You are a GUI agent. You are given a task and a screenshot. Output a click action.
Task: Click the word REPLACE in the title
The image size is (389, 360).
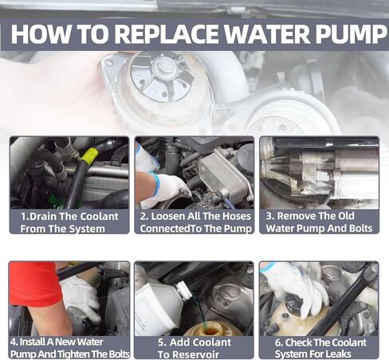pos(167,34)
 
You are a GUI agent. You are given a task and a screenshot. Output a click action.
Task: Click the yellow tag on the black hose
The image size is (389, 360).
pos(90,157)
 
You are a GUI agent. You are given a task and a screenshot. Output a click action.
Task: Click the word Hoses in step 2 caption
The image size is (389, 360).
pos(237,217)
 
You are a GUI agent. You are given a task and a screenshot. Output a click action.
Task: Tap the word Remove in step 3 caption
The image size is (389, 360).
pos(293,216)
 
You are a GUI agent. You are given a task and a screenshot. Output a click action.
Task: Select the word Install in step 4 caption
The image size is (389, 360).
pos(33,342)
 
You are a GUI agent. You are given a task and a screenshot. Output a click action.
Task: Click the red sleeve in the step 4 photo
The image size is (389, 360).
pos(34,283)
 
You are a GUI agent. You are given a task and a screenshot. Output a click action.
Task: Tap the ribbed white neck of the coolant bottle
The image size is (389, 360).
pos(183,290)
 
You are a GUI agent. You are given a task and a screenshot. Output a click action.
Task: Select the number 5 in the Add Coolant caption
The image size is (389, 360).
pos(162,342)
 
